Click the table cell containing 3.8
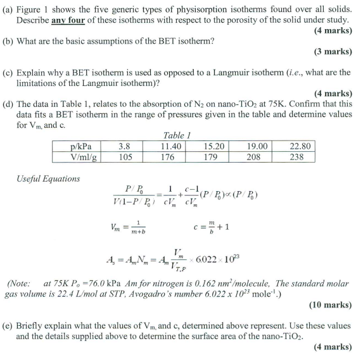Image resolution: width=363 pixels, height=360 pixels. click(124, 146)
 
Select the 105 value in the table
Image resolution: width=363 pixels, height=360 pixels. click(124, 157)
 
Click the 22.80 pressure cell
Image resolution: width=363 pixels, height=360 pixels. click(296, 146)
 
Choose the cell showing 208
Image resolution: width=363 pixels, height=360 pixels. click(253, 157)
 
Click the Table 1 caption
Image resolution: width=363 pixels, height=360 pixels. click(177, 135)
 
